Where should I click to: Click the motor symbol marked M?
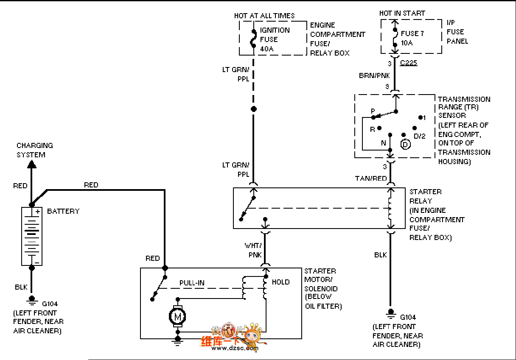click(178, 316)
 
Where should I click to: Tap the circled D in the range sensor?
click(405, 144)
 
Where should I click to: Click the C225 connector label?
click(409, 63)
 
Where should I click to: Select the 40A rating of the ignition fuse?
click(267, 49)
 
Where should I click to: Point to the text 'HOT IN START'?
click(402, 14)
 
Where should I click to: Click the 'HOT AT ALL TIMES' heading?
click(264, 16)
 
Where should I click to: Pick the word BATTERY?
click(63, 211)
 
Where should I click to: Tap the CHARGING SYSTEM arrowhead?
click(31, 165)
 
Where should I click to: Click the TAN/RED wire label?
click(371, 179)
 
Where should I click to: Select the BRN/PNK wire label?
click(374, 75)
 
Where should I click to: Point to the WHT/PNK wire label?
click(253, 250)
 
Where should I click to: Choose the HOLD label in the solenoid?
click(280, 282)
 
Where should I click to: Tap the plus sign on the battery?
click(38, 211)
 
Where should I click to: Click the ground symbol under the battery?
click(31, 300)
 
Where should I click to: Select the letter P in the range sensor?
click(373, 111)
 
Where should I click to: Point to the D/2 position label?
click(419, 136)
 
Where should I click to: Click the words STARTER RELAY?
click(425, 196)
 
